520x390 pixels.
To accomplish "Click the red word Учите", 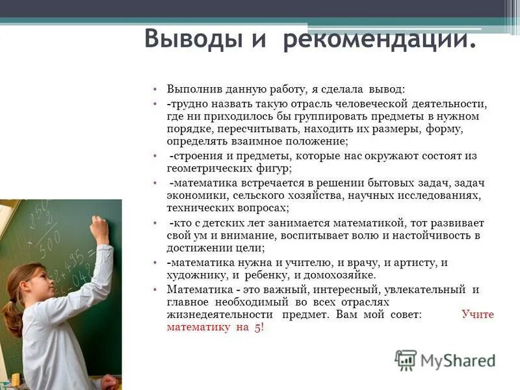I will pyautogui.click(x=478, y=314).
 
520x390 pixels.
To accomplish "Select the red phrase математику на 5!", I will pyautogui.click(x=215, y=327).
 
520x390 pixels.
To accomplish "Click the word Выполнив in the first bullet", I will pyautogui.click(x=190, y=89).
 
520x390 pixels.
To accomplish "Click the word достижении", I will pyautogui.click(x=198, y=248).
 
